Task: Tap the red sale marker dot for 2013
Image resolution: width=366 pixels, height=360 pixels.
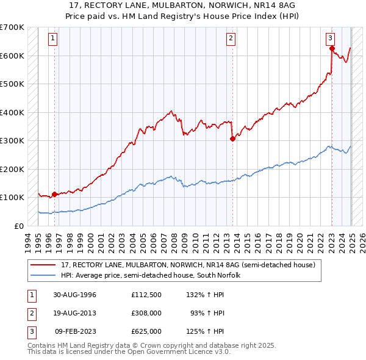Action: pos(232,139)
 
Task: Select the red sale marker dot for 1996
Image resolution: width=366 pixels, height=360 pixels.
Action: pos(54,194)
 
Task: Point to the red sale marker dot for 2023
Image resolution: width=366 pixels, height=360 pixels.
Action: pos(332,49)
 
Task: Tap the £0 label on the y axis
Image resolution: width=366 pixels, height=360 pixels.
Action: pos(18,226)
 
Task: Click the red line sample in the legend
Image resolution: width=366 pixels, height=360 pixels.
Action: pos(44,265)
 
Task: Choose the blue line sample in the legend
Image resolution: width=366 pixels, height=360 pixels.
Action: pos(44,275)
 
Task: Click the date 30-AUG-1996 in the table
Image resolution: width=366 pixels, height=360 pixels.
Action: pos(75,295)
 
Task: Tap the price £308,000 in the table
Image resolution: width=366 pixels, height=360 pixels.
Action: pos(146,313)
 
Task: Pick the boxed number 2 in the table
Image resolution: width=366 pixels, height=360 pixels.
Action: pos(30,313)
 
